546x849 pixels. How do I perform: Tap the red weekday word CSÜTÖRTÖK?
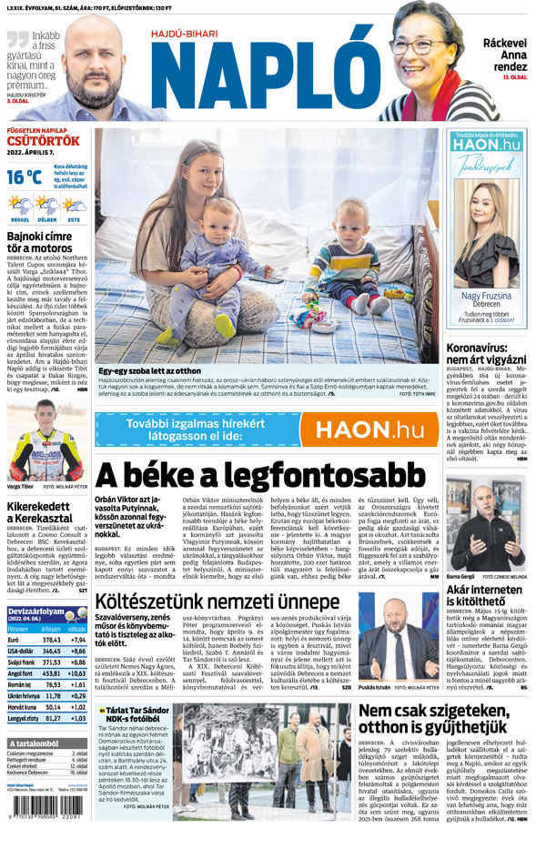(x=44, y=141)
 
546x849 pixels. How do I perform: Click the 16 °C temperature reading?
(x=26, y=177)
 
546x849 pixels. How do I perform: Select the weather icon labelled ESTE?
(x=75, y=206)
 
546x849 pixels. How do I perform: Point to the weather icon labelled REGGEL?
(x=21, y=206)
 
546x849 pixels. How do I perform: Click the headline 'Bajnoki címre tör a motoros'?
(x=40, y=240)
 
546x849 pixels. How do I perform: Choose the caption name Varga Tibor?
(x=20, y=487)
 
